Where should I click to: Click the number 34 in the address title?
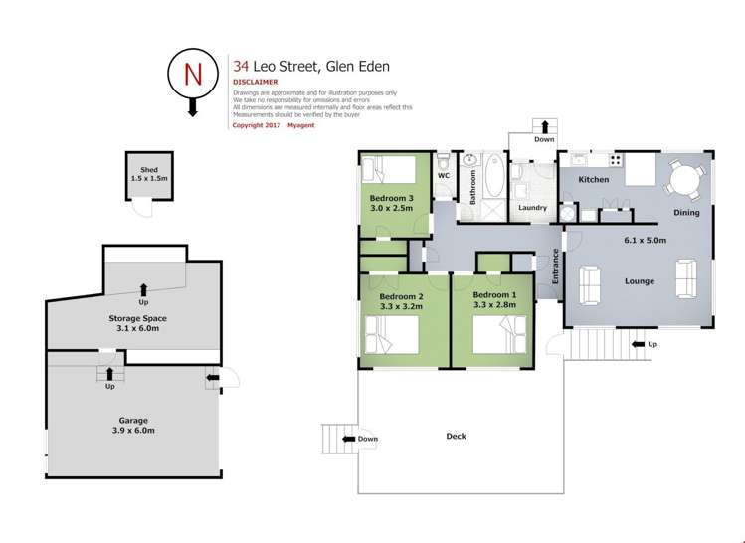[x=240, y=67]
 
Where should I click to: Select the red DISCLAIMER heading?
[x=255, y=83]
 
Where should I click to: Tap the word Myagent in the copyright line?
[x=300, y=125]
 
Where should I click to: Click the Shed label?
[x=150, y=169]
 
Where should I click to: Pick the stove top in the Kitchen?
[x=615, y=159]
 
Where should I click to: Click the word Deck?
[x=456, y=436]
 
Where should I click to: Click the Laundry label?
[x=532, y=208]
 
